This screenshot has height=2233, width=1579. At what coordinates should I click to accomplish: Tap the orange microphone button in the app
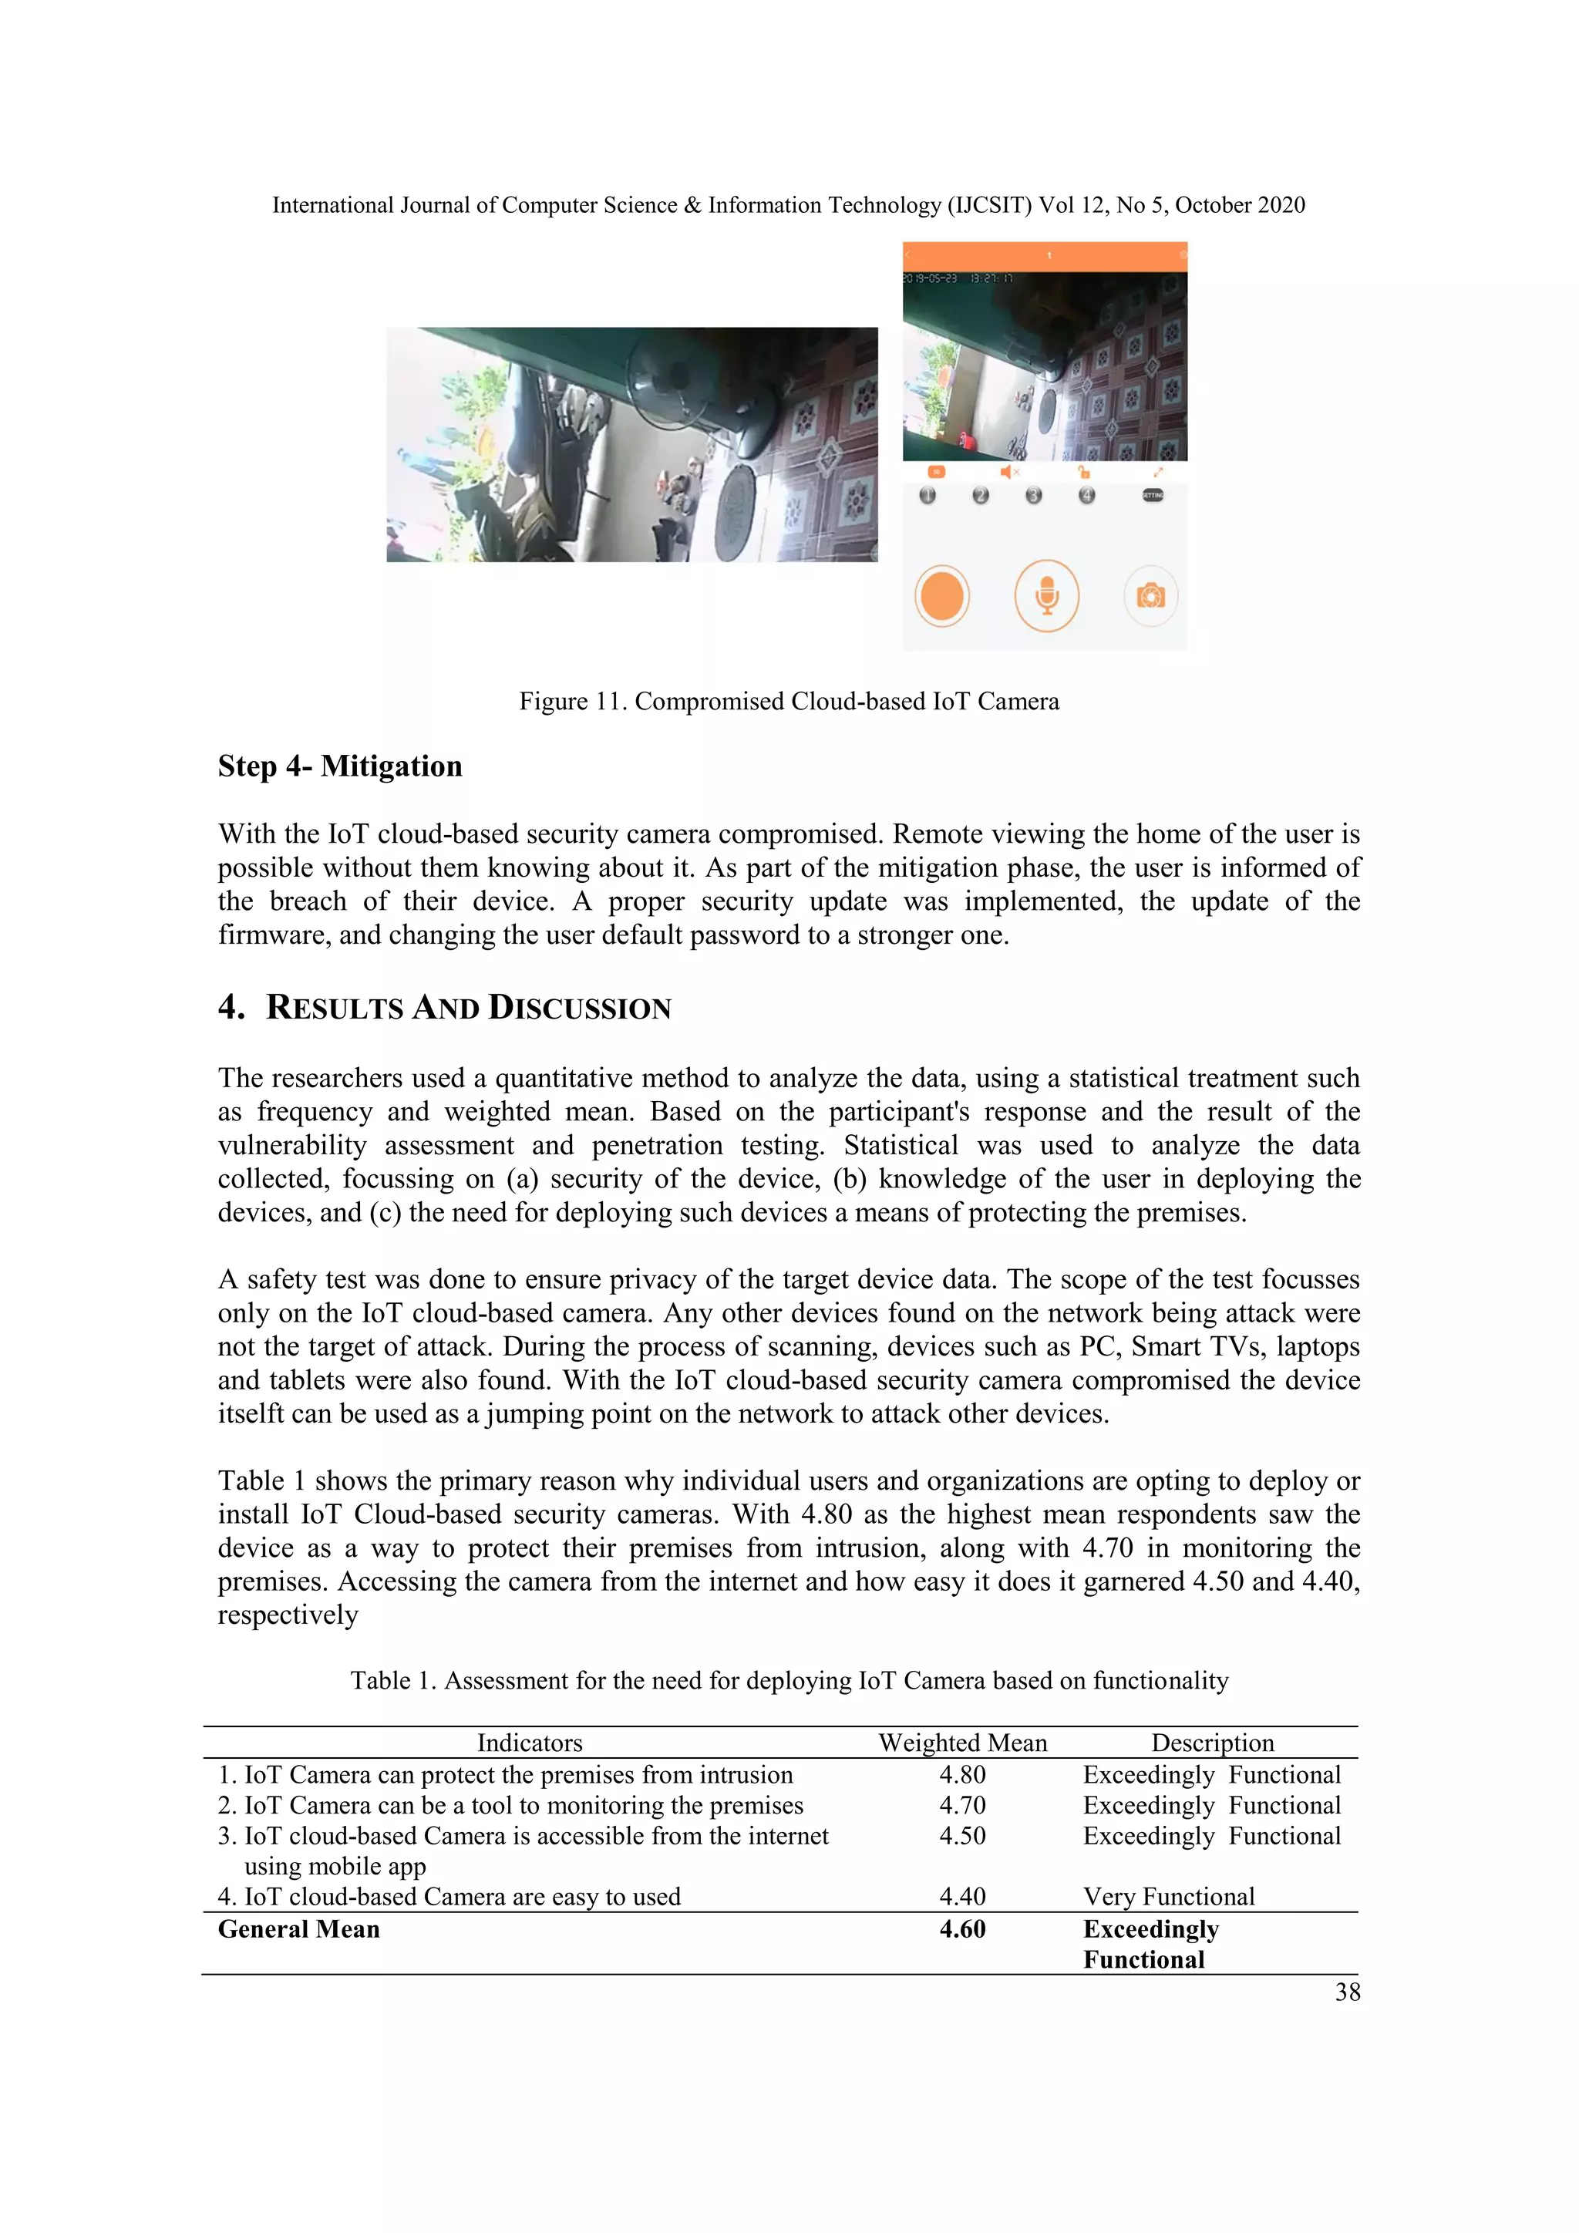click(1046, 595)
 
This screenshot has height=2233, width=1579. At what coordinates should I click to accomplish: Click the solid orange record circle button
click(941, 595)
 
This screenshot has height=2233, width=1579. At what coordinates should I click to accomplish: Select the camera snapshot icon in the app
click(1150, 595)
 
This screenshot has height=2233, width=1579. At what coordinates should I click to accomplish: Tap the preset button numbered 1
click(928, 495)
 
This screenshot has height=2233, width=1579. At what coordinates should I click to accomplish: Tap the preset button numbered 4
click(1086, 495)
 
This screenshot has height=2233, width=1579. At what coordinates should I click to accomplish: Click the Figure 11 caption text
click(789, 701)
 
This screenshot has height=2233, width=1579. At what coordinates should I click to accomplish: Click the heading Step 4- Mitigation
click(339, 766)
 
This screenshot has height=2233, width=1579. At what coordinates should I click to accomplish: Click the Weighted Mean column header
click(962, 1743)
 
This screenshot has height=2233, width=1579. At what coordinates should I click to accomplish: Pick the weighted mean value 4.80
click(961, 1775)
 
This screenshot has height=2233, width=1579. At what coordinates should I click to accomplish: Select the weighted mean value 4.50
click(961, 1836)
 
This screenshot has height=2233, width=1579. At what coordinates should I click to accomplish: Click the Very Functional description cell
click(1169, 1897)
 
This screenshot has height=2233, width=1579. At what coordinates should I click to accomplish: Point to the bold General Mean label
click(298, 1929)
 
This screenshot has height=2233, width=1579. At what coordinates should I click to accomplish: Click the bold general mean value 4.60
click(961, 1929)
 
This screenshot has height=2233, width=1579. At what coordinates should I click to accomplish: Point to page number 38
click(1347, 1992)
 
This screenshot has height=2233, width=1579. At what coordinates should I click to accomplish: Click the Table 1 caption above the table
click(789, 1681)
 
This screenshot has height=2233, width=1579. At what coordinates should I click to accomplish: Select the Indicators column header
click(529, 1743)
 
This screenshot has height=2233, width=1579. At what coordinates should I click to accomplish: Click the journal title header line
click(789, 205)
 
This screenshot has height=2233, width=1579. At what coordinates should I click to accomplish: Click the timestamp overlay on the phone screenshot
click(958, 279)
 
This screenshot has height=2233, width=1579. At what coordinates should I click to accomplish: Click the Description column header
click(1213, 1743)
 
